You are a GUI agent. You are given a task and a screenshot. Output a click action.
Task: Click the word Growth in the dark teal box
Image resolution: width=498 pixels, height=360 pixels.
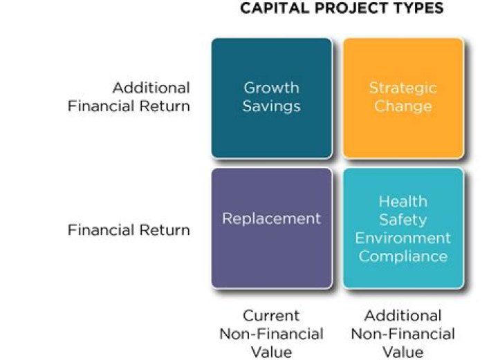point(271,88)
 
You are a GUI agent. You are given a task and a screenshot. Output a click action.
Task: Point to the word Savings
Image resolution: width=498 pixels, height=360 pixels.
point(271,106)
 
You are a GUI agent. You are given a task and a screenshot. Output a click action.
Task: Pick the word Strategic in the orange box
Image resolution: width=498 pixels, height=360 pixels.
point(403,88)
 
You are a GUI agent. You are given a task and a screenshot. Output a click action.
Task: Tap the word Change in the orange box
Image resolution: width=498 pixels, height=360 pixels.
point(403,106)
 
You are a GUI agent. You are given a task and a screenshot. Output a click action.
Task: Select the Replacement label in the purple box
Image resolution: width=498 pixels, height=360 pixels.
point(271,218)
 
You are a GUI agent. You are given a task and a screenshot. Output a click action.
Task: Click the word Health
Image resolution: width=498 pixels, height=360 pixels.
point(403,201)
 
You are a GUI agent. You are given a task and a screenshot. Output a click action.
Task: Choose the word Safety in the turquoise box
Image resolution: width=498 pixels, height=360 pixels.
point(403,219)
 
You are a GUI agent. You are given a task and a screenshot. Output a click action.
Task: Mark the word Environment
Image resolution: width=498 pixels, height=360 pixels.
point(403,238)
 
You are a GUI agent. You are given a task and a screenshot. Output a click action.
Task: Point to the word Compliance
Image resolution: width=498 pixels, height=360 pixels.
point(403,256)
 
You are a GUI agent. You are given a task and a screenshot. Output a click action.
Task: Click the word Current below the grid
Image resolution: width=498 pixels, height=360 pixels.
point(271,316)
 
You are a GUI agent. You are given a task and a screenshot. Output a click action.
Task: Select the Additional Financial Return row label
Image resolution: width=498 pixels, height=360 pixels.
point(129,97)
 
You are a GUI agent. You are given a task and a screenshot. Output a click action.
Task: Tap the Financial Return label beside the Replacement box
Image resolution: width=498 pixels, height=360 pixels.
point(129,230)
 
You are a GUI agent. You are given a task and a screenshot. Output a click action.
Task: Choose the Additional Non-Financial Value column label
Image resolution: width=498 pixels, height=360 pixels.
point(403,334)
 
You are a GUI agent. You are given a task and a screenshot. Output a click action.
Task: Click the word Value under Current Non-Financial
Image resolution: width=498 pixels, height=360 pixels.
point(271,352)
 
